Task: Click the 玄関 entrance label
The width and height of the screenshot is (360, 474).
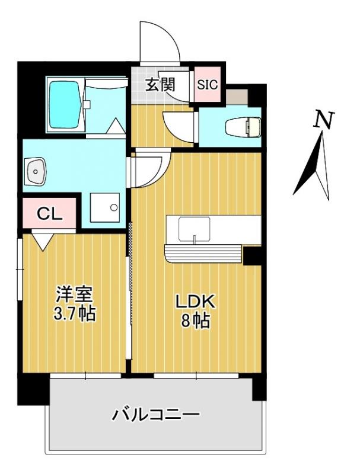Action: (160, 85)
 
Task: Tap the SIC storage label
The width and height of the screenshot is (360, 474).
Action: (208, 84)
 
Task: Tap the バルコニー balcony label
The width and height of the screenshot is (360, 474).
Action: (156, 414)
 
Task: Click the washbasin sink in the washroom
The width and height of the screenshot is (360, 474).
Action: (37, 172)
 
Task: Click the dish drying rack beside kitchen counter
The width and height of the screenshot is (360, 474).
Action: (204, 254)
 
